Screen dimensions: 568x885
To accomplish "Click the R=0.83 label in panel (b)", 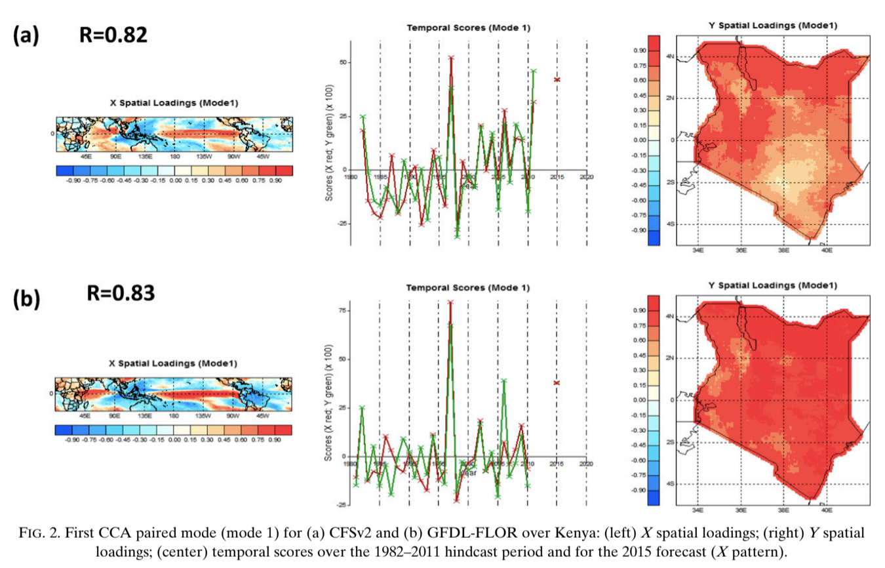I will (x=121, y=293).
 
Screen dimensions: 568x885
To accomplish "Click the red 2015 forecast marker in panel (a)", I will (x=557, y=79).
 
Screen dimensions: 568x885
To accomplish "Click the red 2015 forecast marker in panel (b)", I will (x=557, y=382).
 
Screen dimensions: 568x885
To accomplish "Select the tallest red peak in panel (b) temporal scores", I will (x=450, y=302).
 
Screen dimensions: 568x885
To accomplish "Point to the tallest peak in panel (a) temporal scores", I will (x=451, y=58).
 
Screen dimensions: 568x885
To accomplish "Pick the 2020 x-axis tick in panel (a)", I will (x=586, y=177).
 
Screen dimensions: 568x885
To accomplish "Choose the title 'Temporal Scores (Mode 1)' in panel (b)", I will (x=467, y=288).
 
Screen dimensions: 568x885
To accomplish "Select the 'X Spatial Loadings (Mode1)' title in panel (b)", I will (x=172, y=363).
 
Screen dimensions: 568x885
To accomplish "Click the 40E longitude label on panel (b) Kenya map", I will (x=826, y=508).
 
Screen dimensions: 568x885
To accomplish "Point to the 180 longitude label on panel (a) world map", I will (x=174, y=157).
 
